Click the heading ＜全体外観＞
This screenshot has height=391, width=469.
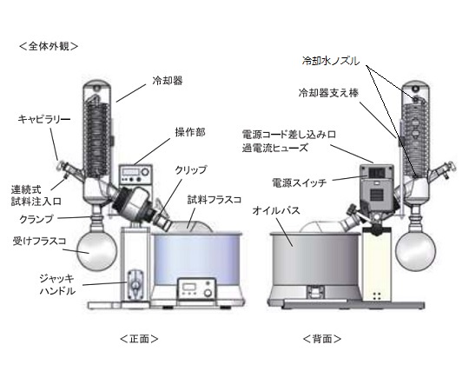[49, 46]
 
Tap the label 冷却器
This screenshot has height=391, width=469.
[168, 81]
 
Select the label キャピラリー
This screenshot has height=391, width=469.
[44, 119]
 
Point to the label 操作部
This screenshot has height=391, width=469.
[190, 132]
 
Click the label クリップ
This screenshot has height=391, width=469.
[191, 170]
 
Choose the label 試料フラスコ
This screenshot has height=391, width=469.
[215, 200]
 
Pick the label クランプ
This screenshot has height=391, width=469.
[36, 219]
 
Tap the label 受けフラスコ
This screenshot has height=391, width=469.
[39, 242]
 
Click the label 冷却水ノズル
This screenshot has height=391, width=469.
[331, 62]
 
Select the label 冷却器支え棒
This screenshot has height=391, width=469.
[328, 93]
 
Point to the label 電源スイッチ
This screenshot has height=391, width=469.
[299, 182]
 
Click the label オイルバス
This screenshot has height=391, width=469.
[276, 210]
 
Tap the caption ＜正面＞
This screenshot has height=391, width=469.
[139, 339]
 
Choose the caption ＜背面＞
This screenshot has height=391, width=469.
[322, 339]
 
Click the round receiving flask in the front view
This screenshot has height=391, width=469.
[96, 250]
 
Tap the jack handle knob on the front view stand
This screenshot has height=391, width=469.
[135, 285]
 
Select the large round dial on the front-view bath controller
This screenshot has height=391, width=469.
[208, 292]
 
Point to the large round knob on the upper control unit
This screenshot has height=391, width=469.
[145, 172]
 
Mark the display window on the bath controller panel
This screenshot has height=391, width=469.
[188, 286]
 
